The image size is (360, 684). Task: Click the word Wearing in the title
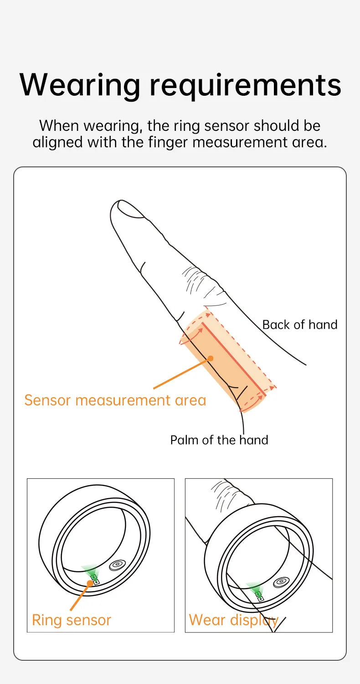click(80, 85)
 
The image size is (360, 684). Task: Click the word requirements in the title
click(246, 85)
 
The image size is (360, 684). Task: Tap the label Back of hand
click(299, 325)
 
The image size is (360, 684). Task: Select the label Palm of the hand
click(219, 440)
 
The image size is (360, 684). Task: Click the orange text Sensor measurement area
click(115, 400)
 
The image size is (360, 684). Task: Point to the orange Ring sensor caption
click(71, 620)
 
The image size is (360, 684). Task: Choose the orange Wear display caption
click(233, 620)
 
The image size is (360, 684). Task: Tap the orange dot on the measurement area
click(211, 358)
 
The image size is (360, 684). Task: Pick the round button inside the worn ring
click(281, 582)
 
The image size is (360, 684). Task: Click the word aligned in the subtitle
click(57, 142)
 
